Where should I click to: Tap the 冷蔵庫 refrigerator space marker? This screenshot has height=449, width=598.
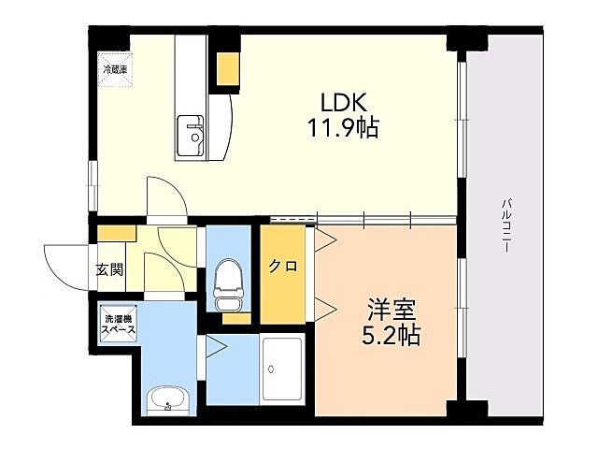tap(117, 68)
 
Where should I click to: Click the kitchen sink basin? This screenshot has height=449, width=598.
tap(193, 134)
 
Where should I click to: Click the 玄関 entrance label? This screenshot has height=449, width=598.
tap(109, 271)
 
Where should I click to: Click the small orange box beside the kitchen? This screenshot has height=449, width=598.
tap(227, 67)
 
